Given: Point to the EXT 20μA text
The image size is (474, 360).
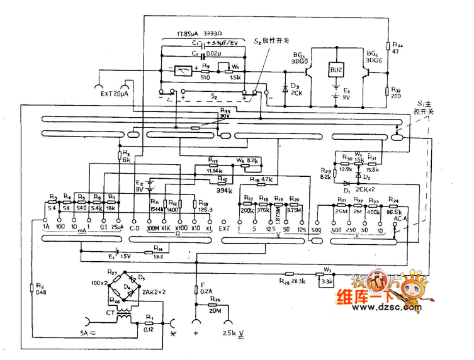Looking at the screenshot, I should point(114,93).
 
